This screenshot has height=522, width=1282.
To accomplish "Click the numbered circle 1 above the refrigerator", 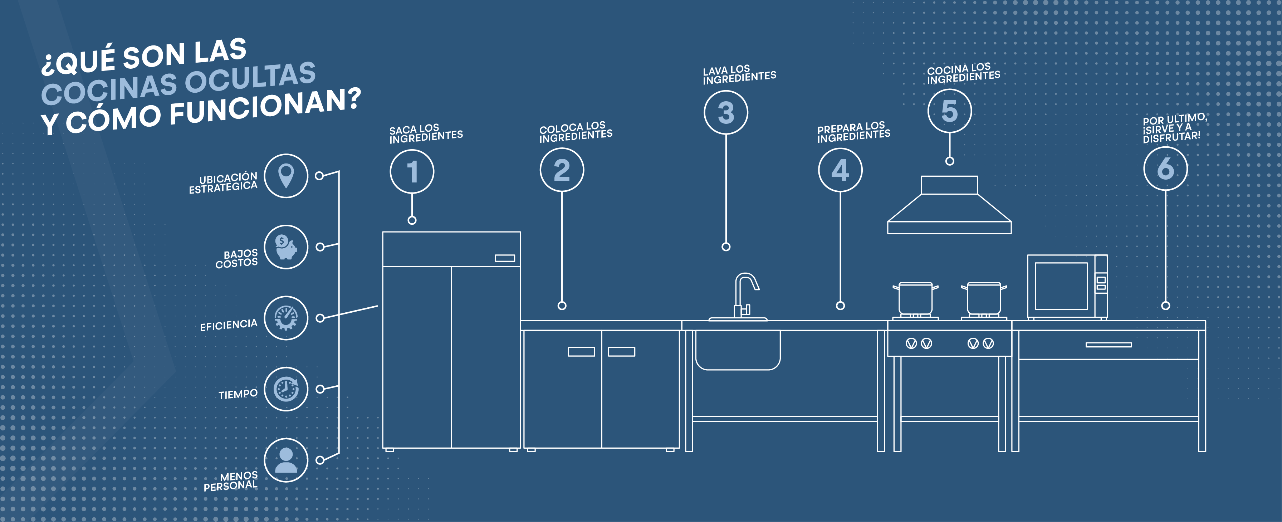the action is tap(412, 172).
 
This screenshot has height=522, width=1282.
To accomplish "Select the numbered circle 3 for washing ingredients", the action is tap(726, 112).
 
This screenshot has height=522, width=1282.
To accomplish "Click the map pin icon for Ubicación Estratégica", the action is tap(286, 176).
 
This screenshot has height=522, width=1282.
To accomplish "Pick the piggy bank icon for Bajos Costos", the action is tap(286, 247).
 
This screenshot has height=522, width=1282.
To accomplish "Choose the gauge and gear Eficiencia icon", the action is tap(286, 318).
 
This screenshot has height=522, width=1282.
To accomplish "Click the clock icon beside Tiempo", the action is tap(286, 389).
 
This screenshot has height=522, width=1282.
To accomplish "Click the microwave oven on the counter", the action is tap(1067, 287).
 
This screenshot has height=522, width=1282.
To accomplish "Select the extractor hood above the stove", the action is tap(949, 206).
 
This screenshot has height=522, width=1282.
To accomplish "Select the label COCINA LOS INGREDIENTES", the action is tap(963, 73).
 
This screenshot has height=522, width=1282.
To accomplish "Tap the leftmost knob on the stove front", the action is tap(910, 343).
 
